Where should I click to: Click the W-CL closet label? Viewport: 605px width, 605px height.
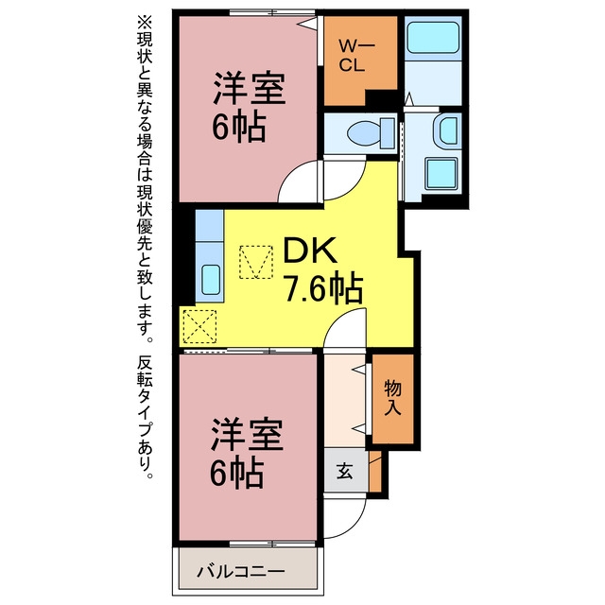356,56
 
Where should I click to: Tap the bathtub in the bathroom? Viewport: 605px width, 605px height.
433,37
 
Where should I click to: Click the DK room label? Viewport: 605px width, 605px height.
309,250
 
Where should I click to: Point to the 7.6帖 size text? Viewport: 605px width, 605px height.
323,288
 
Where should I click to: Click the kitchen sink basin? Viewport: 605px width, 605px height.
211,280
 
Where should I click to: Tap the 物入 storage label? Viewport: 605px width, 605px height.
393,398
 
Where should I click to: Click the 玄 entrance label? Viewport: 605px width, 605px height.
344,471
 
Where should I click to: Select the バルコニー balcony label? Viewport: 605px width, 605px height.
240,571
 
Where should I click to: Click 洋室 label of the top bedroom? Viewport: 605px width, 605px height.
250,88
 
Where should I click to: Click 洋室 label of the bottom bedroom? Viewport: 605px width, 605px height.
247,434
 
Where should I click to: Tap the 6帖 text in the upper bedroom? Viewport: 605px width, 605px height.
239,126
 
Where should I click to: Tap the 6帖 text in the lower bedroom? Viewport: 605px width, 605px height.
237,473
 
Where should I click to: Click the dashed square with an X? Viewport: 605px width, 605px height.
199,326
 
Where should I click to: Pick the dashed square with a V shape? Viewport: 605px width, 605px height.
256,262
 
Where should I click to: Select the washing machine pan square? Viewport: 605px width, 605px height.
442,173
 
